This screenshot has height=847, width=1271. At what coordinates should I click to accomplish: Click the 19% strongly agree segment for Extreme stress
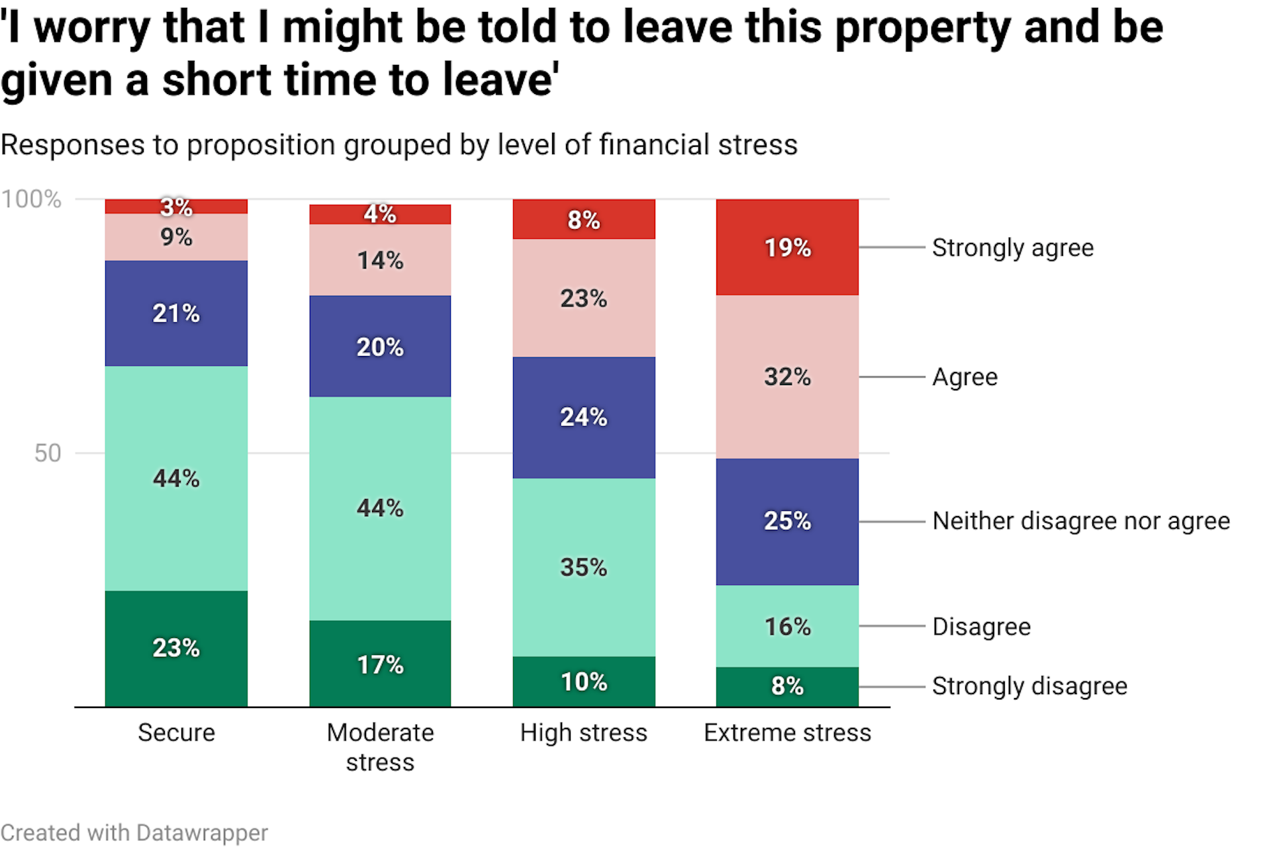coord(787,247)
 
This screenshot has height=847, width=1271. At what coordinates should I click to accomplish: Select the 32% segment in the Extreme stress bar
coord(787,377)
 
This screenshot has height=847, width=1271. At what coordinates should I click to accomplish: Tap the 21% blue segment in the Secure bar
coord(176,313)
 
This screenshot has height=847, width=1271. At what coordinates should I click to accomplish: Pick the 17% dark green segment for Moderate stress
coord(380,664)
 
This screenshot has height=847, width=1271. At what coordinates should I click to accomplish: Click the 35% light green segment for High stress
coord(583,567)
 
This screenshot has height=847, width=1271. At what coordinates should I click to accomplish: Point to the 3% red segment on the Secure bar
coord(176,206)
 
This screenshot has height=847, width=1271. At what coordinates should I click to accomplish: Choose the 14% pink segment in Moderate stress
coord(380,260)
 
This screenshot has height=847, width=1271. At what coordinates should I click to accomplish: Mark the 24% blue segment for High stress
coord(583,417)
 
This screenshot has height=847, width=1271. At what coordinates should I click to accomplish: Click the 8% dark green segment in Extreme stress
coord(787,686)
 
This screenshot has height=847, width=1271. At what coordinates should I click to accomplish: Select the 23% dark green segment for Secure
coord(176,648)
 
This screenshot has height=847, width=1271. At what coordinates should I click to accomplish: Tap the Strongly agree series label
coord(1012,247)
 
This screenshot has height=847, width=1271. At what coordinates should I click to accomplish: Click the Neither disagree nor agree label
coord(1081,521)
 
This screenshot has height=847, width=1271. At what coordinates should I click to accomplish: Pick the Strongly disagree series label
coord(1029,686)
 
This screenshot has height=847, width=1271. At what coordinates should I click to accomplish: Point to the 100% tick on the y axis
coord(31,199)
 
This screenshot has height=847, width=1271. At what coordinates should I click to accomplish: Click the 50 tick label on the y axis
coord(48,453)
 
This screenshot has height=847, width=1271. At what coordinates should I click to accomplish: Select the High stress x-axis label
coord(583,733)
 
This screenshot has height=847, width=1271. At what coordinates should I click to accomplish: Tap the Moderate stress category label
coord(380,747)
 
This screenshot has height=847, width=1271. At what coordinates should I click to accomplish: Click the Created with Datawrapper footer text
coord(134,832)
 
